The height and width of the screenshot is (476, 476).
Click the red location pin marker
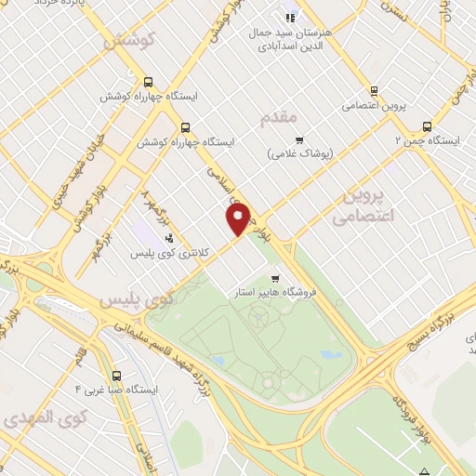[x=239, y=218]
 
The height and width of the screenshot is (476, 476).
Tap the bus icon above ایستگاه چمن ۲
[x=427, y=126]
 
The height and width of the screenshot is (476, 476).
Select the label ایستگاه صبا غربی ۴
[x=118, y=389]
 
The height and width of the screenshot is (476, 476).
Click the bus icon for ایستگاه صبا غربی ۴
[x=115, y=376]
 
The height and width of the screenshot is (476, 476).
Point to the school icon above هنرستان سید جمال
[x=290, y=17]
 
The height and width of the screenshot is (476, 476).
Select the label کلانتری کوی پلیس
[x=167, y=252]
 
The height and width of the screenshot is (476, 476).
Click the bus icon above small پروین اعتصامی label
[x=374, y=91]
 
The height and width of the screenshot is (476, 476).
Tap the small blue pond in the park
[x=329, y=354]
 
